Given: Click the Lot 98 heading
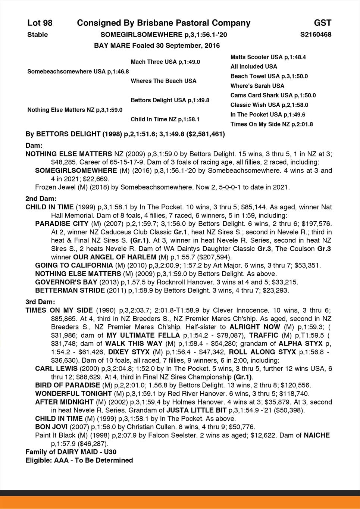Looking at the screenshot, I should (x=40, y=23).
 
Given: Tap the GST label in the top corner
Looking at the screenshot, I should (x=322, y=23).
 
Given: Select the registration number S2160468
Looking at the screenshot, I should (x=316, y=35).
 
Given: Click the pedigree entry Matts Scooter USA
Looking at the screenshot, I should (x=268, y=57).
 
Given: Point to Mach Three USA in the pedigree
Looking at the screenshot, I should (x=165, y=62).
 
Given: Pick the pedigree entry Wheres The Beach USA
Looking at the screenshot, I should (x=163, y=81).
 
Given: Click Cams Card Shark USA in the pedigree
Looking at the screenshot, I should (x=273, y=96).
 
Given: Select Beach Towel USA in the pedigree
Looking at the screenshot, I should (x=269, y=76).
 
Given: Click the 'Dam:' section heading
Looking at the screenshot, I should (x=34, y=145).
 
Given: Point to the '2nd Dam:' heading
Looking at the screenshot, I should (x=40, y=199).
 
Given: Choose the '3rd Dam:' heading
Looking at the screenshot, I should (x=40, y=302).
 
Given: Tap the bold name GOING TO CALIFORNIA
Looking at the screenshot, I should (x=74, y=265).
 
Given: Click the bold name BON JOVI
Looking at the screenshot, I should (x=51, y=427).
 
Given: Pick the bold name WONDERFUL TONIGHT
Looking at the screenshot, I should (x=73, y=393).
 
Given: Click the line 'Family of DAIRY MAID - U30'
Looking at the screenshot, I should (x=71, y=452).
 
